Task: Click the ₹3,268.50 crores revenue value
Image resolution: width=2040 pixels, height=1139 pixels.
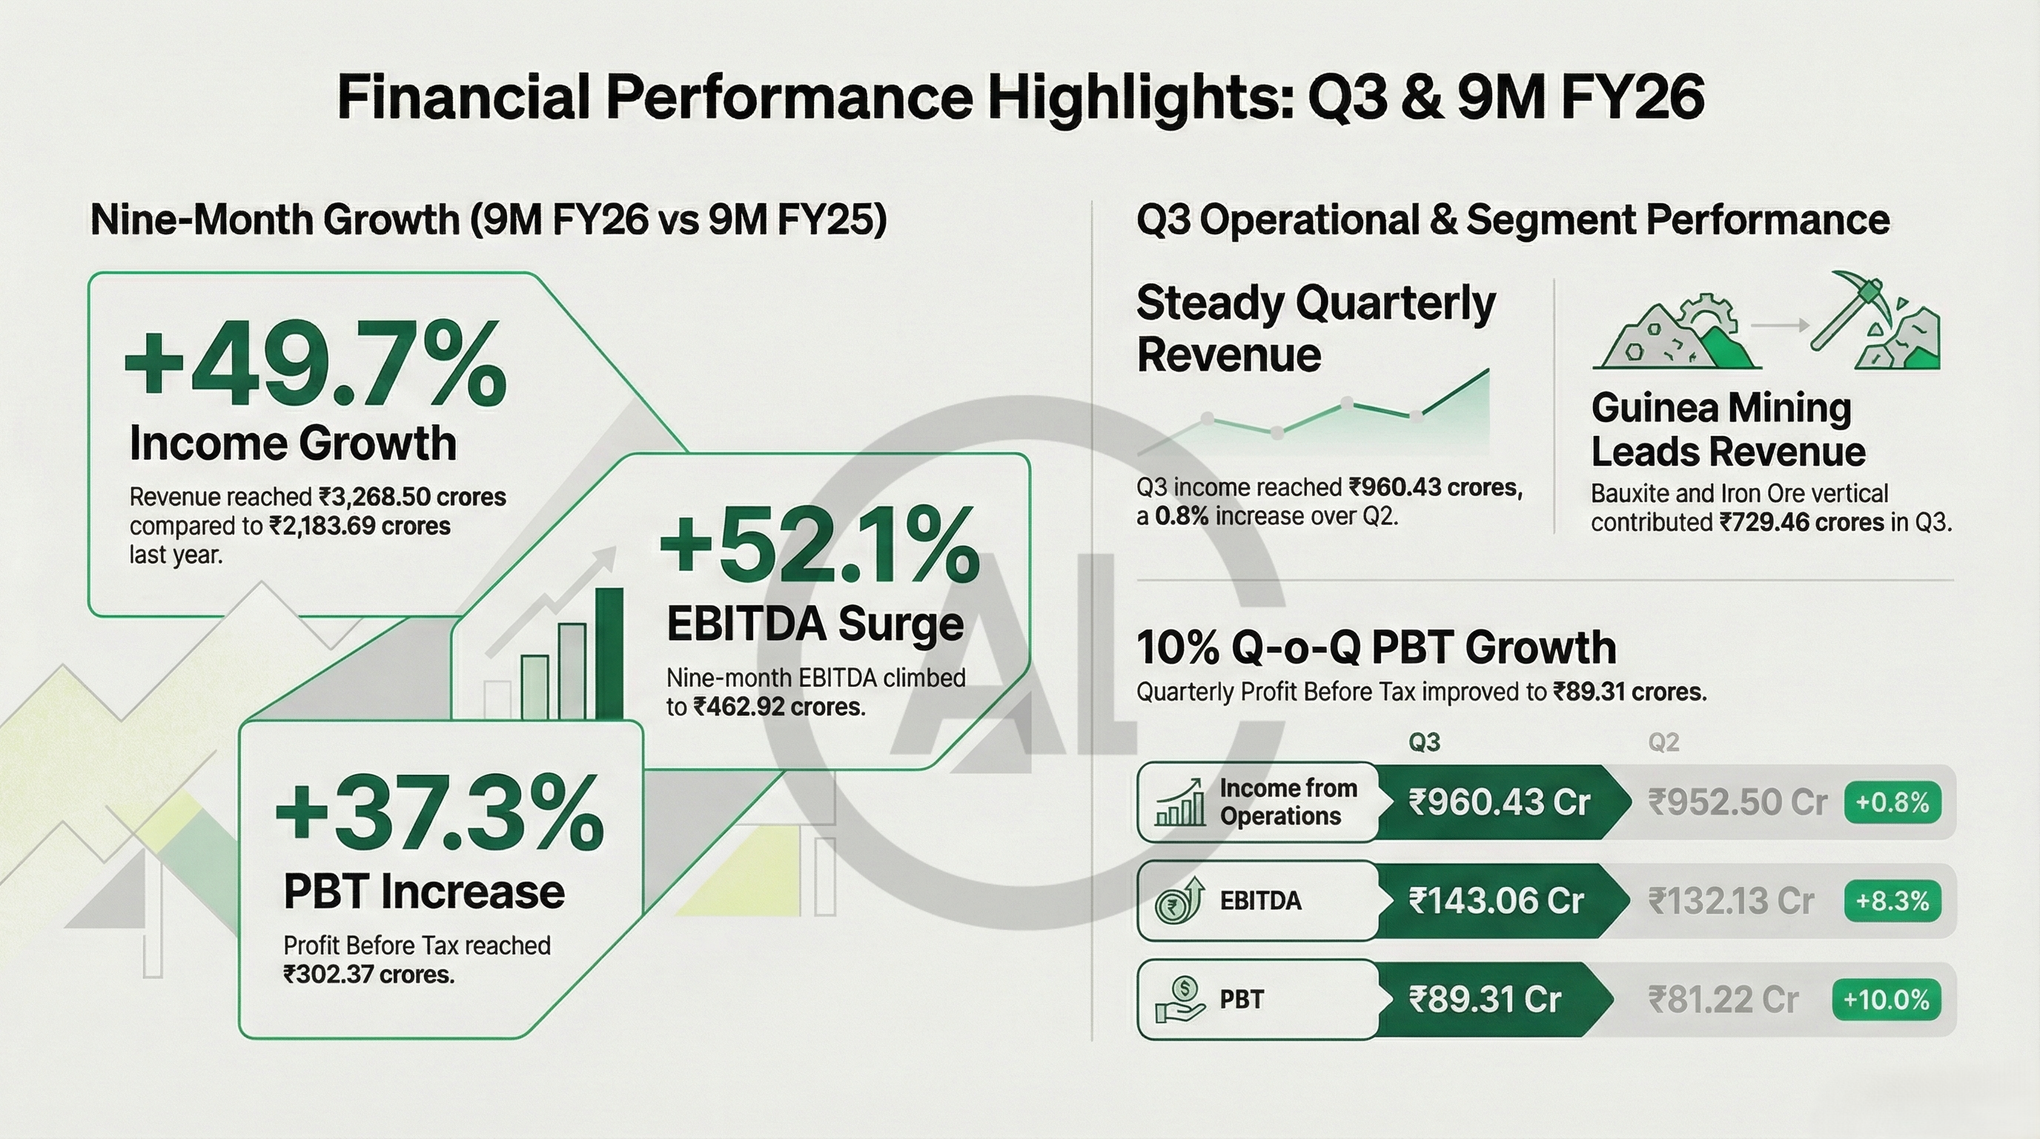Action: click(x=413, y=498)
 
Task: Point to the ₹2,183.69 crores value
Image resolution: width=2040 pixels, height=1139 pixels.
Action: click(x=360, y=526)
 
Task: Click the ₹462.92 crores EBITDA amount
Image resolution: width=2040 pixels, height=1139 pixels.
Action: click(x=778, y=707)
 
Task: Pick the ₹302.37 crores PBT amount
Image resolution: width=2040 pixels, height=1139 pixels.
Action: click(x=369, y=974)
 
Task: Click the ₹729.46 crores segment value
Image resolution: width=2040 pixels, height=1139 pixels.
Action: click(x=1801, y=524)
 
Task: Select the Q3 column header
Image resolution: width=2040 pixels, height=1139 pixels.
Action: click(x=1424, y=742)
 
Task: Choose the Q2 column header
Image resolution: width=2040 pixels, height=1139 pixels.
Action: click(x=1663, y=742)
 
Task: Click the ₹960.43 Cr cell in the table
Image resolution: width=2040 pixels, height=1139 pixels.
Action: click(x=1498, y=802)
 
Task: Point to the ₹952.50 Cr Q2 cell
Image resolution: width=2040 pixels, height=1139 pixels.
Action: click(x=1738, y=802)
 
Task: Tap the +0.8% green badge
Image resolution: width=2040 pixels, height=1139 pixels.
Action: click(x=1892, y=802)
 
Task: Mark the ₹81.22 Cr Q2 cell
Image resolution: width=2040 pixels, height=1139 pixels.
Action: click(x=1723, y=1000)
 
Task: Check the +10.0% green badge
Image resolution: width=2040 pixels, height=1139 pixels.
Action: click(x=1886, y=1000)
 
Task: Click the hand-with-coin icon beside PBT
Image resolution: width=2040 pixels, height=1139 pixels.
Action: click(x=1180, y=1000)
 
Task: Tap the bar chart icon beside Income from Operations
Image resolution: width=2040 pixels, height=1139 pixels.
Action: click(x=1180, y=802)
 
